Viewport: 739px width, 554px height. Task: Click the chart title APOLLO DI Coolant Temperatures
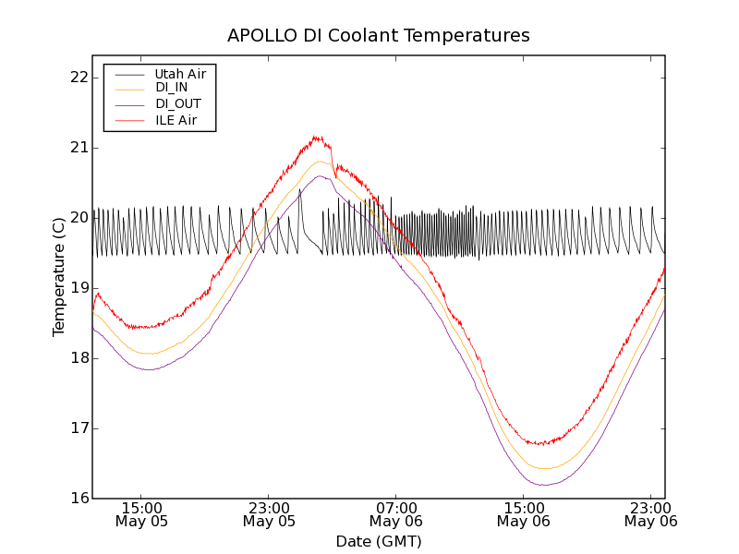point(379,36)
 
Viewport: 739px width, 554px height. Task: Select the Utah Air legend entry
point(179,73)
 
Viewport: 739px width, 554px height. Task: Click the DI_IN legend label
point(171,88)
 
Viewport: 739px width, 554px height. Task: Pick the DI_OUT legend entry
point(177,104)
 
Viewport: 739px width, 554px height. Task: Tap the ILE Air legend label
point(176,120)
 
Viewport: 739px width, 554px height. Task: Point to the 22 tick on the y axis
point(77,78)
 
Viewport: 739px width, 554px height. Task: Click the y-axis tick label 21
point(77,148)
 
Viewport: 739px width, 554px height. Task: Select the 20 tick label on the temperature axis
point(77,218)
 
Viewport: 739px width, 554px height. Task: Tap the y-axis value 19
point(77,288)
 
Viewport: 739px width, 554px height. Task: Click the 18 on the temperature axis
point(77,358)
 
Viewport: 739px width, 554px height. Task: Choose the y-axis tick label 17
point(77,428)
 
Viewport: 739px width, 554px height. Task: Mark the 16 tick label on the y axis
point(77,499)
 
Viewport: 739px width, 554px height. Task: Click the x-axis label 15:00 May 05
point(142,514)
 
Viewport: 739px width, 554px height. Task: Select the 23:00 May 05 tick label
point(270,514)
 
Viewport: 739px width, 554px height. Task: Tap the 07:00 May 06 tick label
point(396,514)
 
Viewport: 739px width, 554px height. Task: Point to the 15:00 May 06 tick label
point(524,514)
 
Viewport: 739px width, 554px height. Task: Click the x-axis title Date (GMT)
point(379,541)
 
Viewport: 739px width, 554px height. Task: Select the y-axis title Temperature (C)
point(58,276)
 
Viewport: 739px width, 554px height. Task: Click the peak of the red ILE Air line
point(316,137)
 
